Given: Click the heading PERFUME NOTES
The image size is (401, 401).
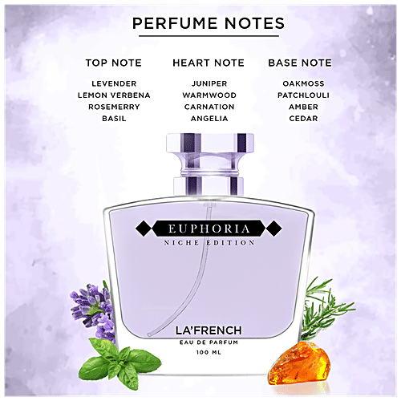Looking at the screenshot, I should pyautogui.click(x=208, y=24).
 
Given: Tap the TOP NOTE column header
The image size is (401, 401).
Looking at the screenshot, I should pyautogui.click(x=115, y=63).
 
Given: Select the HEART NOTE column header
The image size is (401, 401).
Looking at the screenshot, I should pyautogui.click(x=209, y=63).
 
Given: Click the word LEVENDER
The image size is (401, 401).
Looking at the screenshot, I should pyautogui.click(x=115, y=83).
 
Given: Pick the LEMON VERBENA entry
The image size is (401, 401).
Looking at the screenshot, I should pyautogui.click(x=115, y=95).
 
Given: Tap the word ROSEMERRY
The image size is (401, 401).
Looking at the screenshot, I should pyautogui.click(x=115, y=107).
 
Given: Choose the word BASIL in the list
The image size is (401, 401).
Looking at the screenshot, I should pyautogui.click(x=115, y=119).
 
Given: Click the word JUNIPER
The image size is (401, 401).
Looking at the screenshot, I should pyautogui.click(x=209, y=83).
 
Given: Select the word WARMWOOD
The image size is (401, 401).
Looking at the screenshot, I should pyautogui.click(x=209, y=95).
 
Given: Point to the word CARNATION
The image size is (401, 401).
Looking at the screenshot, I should pyautogui.click(x=209, y=107).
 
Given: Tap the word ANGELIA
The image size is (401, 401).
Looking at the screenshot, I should pyautogui.click(x=209, y=119).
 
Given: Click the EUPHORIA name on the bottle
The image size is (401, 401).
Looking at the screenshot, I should pyautogui.click(x=209, y=229).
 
